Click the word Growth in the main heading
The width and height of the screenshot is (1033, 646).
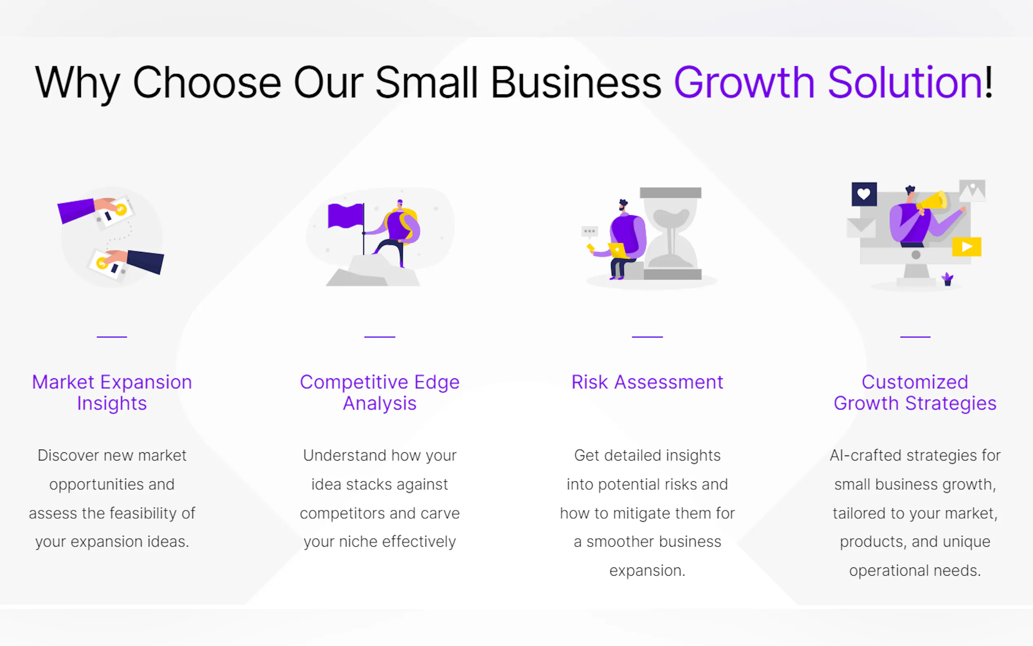(744, 83)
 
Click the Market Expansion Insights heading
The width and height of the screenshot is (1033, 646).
(112, 392)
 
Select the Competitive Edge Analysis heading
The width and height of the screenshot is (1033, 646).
(379, 392)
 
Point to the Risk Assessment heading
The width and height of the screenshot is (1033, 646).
(647, 382)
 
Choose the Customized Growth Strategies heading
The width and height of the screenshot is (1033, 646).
(915, 392)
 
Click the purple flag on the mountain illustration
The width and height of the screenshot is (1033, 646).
(345, 215)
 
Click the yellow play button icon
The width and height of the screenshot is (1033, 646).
(966, 247)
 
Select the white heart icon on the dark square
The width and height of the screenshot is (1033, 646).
(863, 194)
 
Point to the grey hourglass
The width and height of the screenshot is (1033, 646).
(671, 233)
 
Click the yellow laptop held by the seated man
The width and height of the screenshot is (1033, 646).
(617, 250)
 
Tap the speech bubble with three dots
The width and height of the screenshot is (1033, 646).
(589, 231)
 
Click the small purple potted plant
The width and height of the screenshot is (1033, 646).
(947, 279)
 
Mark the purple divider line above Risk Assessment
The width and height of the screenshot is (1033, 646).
(647, 337)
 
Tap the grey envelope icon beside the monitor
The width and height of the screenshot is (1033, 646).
(861, 227)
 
